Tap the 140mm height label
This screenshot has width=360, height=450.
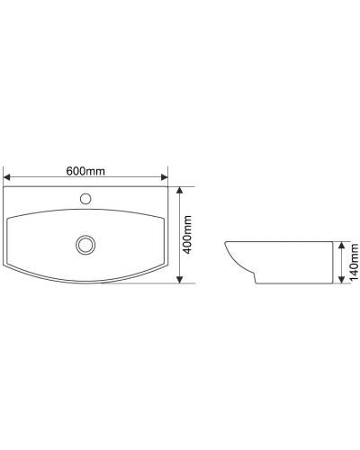[354, 261]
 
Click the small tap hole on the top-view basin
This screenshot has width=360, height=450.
[86, 198]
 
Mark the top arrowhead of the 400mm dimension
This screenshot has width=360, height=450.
[180, 191]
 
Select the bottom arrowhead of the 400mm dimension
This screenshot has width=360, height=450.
[180, 279]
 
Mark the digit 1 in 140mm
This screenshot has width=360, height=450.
[354, 277]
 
